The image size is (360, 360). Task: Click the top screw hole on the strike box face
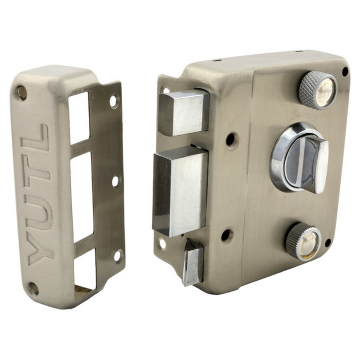coord(22,92)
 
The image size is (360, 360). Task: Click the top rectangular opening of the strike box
coord(79,118)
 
